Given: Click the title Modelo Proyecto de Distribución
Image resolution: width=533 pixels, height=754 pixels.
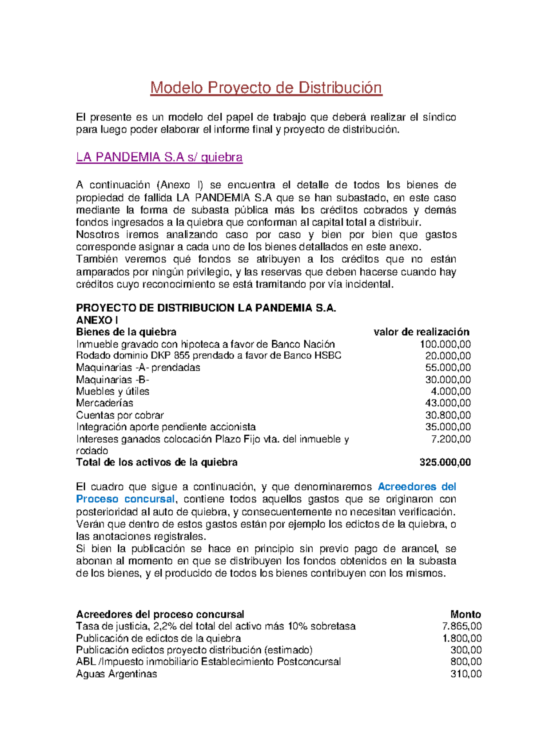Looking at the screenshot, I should click(x=266, y=88).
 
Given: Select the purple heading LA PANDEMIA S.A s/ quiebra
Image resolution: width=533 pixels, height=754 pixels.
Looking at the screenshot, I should click(x=159, y=157).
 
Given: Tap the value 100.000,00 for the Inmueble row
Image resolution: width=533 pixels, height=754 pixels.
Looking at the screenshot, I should click(x=445, y=344).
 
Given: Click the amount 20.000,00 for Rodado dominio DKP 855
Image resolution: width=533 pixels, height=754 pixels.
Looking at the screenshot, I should click(x=448, y=356).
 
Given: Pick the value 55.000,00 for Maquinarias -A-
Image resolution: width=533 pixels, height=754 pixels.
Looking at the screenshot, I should click(x=448, y=368).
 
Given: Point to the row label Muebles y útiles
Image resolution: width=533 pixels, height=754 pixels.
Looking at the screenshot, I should click(x=112, y=391).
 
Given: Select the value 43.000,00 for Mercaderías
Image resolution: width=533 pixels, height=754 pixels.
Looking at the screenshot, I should click(x=448, y=403).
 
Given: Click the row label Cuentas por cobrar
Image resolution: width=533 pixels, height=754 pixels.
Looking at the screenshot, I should click(x=119, y=415).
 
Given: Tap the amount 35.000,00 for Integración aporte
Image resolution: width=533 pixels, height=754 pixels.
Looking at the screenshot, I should click(x=448, y=427).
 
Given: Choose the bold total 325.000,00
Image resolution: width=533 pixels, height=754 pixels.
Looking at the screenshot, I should click(x=445, y=462).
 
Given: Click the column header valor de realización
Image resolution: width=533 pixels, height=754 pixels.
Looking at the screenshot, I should click(x=421, y=332).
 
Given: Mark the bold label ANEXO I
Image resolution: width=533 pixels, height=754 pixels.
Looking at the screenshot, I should click(x=97, y=320).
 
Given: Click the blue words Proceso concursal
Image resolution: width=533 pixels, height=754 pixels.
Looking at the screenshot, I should click(x=125, y=499).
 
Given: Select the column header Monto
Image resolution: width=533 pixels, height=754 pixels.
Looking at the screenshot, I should click(x=465, y=614).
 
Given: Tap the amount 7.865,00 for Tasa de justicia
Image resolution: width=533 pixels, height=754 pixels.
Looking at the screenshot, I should click(x=462, y=626).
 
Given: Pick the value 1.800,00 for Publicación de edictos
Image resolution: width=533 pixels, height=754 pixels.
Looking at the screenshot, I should click(x=462, y=638).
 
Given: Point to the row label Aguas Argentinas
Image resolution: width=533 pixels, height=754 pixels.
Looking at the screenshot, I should click(x=116, y=674).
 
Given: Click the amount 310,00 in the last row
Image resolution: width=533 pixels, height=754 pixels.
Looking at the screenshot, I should click(x=466, y=674).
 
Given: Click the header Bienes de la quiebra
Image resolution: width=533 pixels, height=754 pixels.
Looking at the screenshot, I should click(x=126, y=332).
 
